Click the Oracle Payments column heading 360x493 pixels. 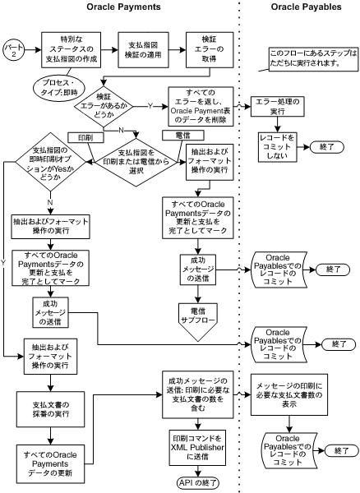pos(122,7)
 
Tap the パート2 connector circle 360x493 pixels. pos(14,46)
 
